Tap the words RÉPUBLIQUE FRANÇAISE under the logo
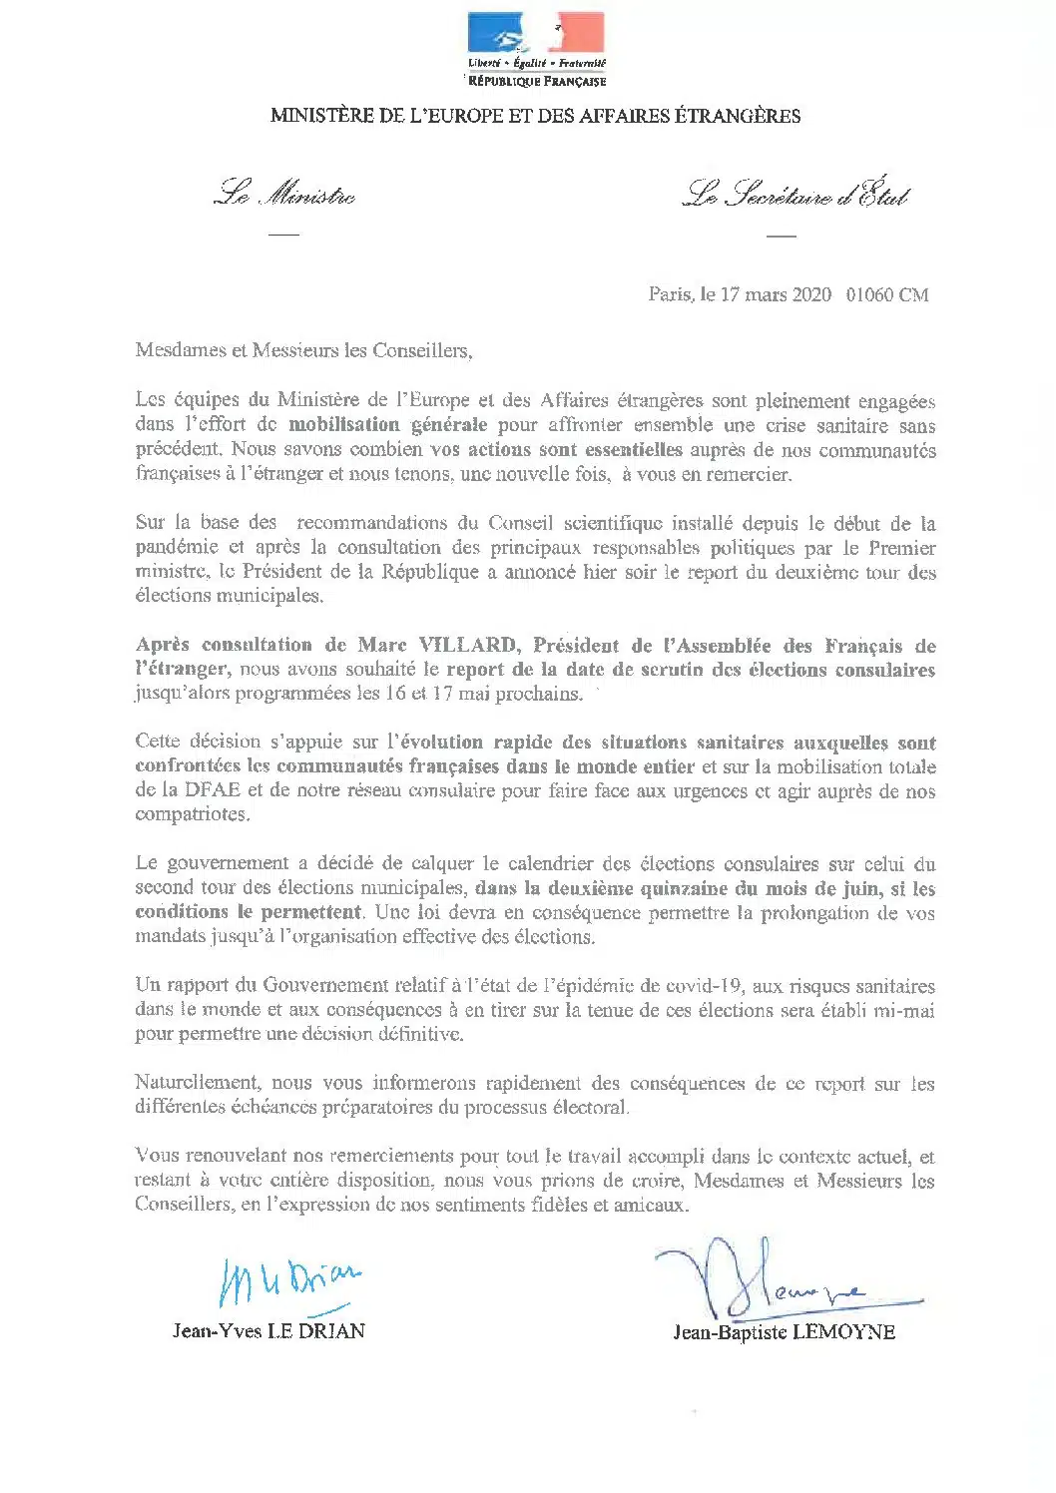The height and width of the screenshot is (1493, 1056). pyautogui.click(x=537, y=81)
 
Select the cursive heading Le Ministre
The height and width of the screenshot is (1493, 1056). pyautogui.click(x=284, y=196)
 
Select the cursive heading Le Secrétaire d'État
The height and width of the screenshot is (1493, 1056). pyautogui.click(x=795, y=196)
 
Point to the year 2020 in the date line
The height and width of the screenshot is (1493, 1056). pyautogui.click(x=810, y=294)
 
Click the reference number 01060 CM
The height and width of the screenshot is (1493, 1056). pyautogui.click(x=887, y=294)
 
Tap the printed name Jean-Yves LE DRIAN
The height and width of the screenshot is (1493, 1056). pyautogui.click(x=268, y=1330)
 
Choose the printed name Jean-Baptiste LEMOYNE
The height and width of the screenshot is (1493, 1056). pyautogui.click(x=784, y=1332)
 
